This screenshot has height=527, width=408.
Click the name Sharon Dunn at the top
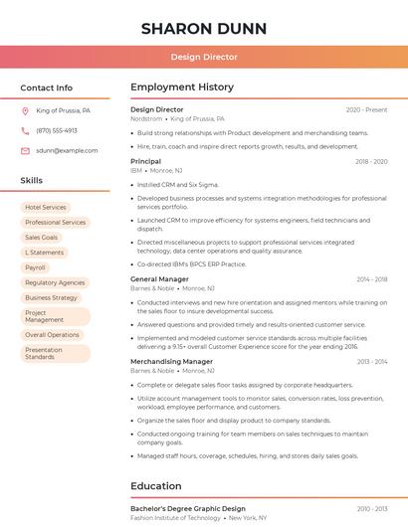click(203, 28)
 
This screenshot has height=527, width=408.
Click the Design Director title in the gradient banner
click(204, 57)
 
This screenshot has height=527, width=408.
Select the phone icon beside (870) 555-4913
click(25, 130)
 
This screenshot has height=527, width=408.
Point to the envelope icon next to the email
click(25, 150)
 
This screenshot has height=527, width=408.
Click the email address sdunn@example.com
click(67, 150)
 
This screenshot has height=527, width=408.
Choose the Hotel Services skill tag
click(46, 208)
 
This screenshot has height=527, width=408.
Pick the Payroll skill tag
click(36, 267)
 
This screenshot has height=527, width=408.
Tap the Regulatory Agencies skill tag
click(55, 282)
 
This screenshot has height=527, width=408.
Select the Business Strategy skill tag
click(51, 297)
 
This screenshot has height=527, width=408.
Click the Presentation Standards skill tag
click(45, 353)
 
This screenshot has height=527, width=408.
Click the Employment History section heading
click(182, 88)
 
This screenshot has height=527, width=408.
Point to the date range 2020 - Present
click(366, 109)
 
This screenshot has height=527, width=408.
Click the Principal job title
click(145, 161)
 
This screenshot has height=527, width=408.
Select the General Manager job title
click(159, 279)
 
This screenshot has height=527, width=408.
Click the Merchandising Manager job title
click(171, 362)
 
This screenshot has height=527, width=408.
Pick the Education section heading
click(155, 486)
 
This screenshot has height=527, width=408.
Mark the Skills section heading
click(32, 181)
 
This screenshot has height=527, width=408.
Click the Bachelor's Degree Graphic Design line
click(187, 508)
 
